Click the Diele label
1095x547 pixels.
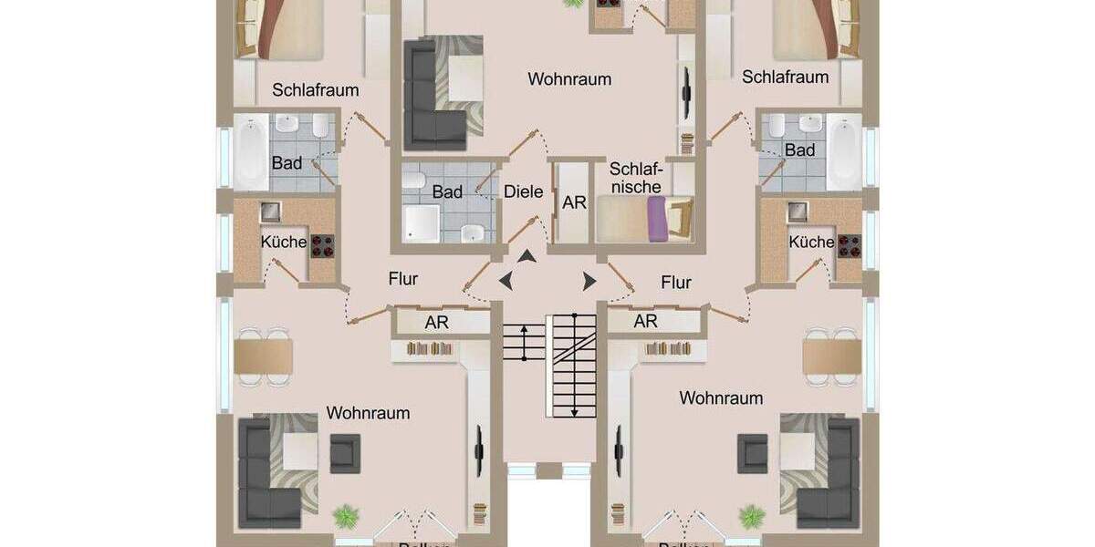pyautogui.click(x=524, y=192)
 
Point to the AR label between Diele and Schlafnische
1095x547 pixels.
pyautogui.click(x=575, y=202)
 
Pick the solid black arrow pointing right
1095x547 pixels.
pyautogui.click(x=589, y=281)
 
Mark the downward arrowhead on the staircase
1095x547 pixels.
pyautogui.click(x=574, y=412)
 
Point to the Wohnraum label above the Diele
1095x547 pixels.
pyautogui.click(x=569, y=79)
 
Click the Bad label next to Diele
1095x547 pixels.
pyautogui.click(x=447, y=192)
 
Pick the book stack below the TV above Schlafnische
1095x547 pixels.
pyautogui.click(x=686, y=141)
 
